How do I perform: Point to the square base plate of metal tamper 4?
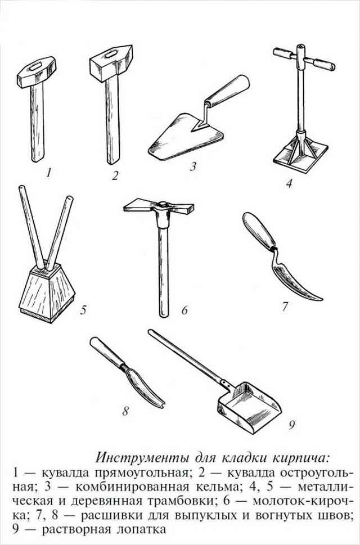tap(301, 158)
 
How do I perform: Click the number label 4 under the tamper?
tap(289, 183)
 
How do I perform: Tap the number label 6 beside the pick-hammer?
tap(184, 309)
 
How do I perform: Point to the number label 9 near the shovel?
tap(291, 425)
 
